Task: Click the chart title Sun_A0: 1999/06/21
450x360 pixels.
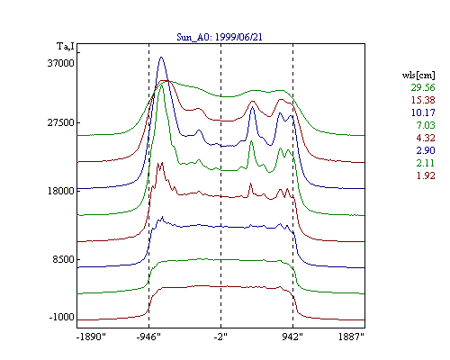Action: pyautogui.click(x=220, y=37)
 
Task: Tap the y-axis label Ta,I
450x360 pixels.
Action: pyautogui.click(x=66, y=47)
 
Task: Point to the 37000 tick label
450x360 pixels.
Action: pyautogui.click(x=60, y=63)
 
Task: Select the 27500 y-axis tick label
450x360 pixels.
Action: pyautogui.click(x=60, y=123)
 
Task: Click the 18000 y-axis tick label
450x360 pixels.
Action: pyautogui.click(x=60, y=191)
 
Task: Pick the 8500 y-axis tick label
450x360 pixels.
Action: pyautogui.click(x=63, y=259)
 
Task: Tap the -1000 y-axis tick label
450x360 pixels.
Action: pyautogui.click(x=61, y=317)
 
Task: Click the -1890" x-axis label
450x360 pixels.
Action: pyautogui.click(x=91, y=337)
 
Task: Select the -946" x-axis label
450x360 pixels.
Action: pyautogui.click(x=148, y=337)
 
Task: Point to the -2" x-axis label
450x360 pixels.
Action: pyautogui.click(x=220, y=337)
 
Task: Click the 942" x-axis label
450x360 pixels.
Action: pyautogui.click(x=292, y=337)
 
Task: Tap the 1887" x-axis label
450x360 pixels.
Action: pyautogui.click(x=351, y=337)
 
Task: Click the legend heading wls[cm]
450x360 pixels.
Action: pyautogui.click(x=418, y=76)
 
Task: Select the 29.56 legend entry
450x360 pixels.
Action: pyautogui.click(x=423, y=87)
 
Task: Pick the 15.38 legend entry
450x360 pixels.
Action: pyautogui.click(x=423, y=100)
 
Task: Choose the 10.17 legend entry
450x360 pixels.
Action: pyautogui.click(x=423, y=112)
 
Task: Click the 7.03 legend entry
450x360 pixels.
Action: pyautogui.click(x=426, y=125)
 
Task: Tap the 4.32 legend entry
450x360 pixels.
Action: pyautogui.click(x=426, y=138)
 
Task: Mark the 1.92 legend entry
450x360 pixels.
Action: pyautogui.click(x=426, y=175)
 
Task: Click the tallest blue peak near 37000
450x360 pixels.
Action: pyautogui.click(x=161, y=58)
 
